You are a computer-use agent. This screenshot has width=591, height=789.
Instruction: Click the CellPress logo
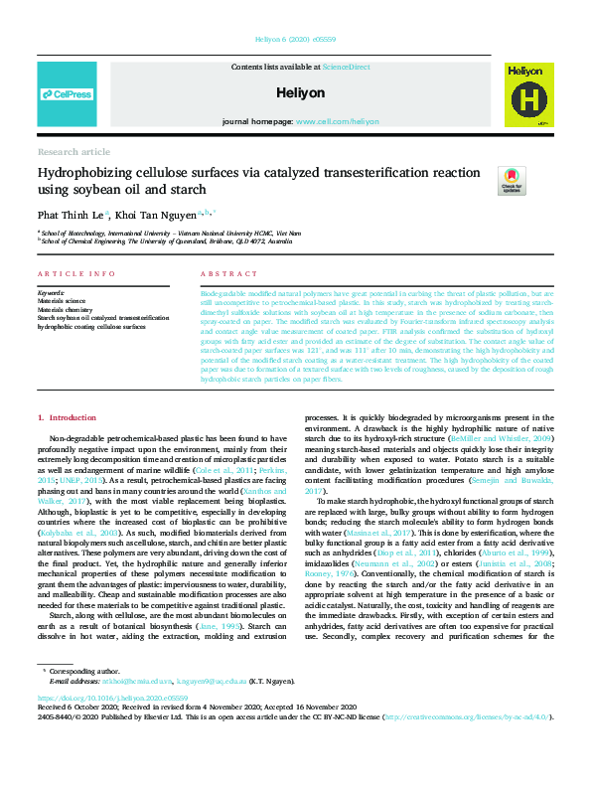click(x=67, y=94)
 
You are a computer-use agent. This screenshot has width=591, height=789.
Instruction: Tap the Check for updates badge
click(x=512, y=181)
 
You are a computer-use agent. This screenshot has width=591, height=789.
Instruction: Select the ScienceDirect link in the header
click(x=346, y=67)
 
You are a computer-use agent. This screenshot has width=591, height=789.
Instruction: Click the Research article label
click(x=74, y=152)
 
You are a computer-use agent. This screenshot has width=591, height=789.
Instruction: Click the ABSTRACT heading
click(x=223, y=273)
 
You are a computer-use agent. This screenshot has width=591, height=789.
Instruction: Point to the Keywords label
click(x=51, y=293)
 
